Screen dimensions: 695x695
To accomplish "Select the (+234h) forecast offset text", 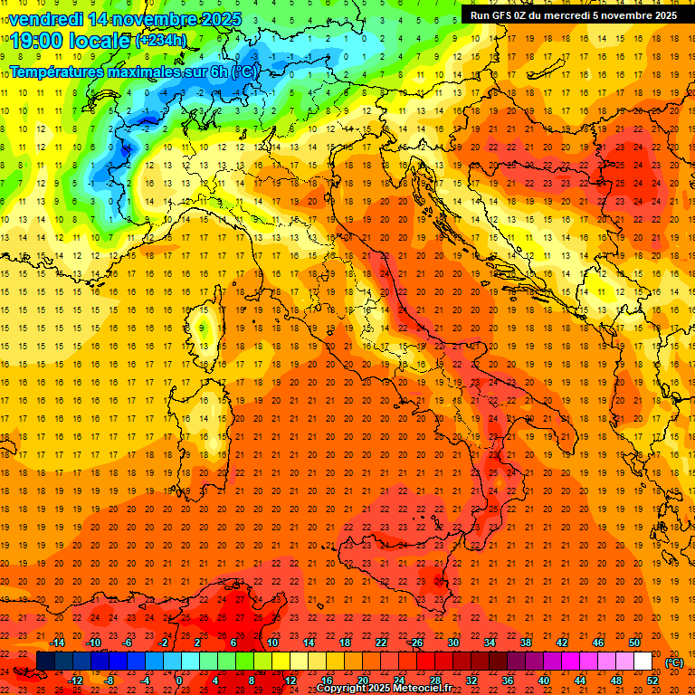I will (x=161, y=41).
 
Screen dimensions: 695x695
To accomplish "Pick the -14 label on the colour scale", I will (x=59, y=643).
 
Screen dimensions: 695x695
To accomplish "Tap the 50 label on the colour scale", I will (x=634, y=643).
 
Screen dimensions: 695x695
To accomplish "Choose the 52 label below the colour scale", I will (x=652, y=680).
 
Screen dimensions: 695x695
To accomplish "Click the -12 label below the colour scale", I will (x=76, y=680).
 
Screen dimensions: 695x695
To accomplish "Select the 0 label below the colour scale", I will (x=179, y=680).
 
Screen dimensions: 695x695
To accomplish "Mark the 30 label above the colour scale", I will (x=453, y=643).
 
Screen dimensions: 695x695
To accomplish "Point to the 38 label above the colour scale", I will (x=526, y=643).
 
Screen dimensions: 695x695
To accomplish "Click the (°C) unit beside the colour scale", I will (x=674, y=662).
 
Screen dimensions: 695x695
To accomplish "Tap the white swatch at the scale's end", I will (x=643, y=662).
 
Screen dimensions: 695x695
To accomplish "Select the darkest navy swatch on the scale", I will (x=45, y=662).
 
